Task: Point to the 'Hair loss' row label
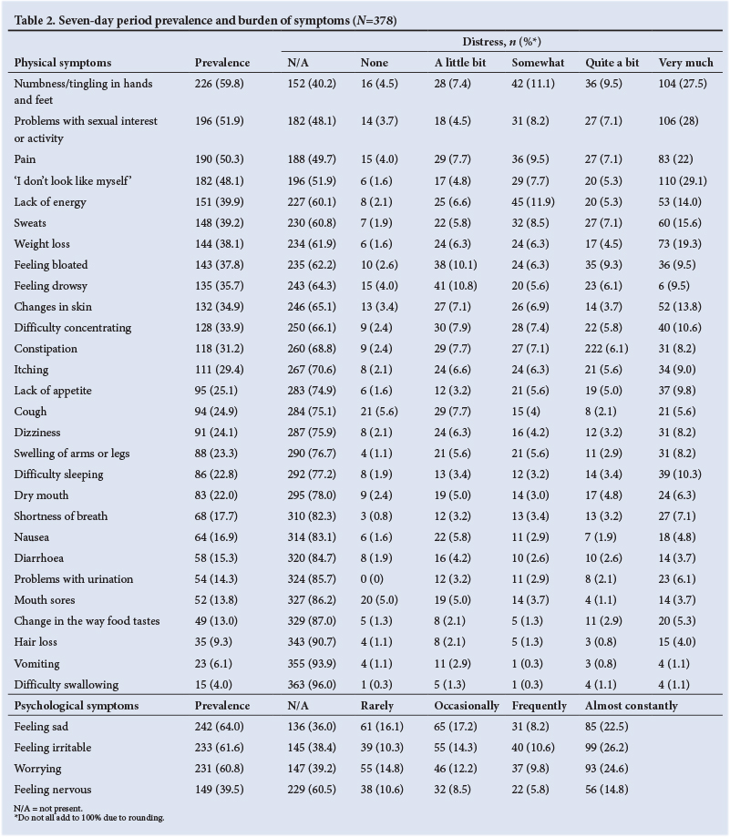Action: [x=36, y=641]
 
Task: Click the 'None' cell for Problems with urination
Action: [x=374, y=579]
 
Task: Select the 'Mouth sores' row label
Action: [x=44, y=600]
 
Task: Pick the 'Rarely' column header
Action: [x=376, y=706]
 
